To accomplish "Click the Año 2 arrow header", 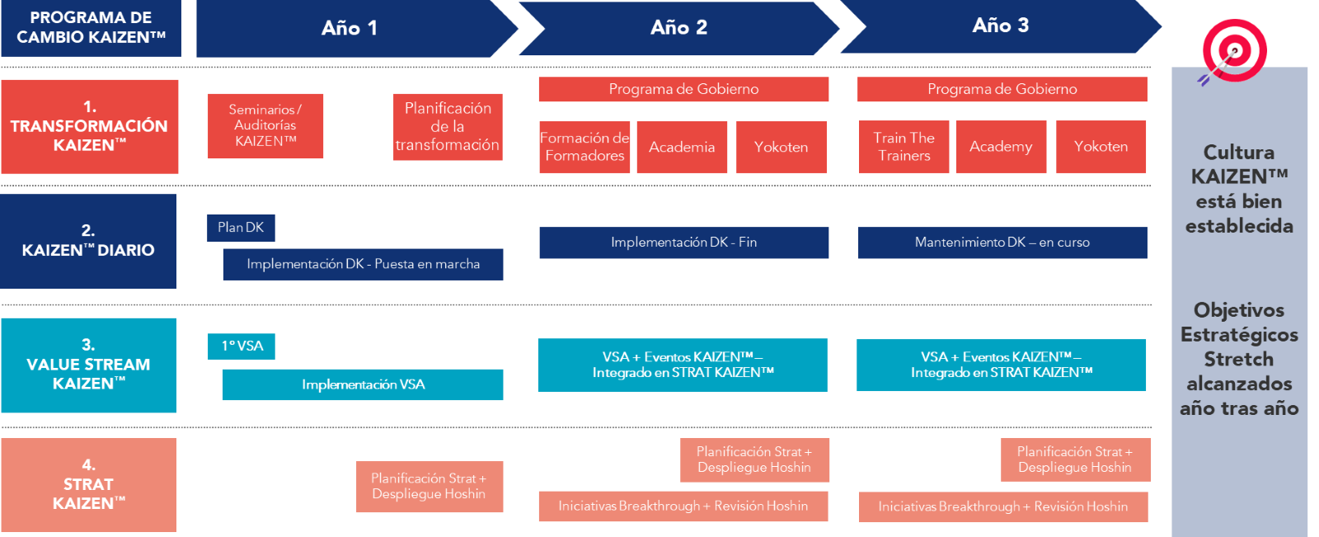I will point(678,28).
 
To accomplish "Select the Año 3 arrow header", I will point(1000,26).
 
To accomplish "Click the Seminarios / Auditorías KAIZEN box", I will point(265,125).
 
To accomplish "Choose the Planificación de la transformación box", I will point(448,127).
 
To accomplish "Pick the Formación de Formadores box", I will point(584,147).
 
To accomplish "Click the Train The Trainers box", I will point(904,147).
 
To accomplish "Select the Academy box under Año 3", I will point(1001,147).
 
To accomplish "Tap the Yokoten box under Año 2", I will point(781,147).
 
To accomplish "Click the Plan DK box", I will point(241,228).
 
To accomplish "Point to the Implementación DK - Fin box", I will point(683,243).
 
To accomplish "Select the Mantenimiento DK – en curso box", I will point(1002,243).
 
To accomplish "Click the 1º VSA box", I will point(242,346).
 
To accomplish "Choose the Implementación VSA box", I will point(363,384).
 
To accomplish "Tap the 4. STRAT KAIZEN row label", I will point(88,485).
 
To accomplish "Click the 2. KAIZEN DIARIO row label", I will point(88,241).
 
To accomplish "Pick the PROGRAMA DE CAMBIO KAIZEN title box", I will point(91,28).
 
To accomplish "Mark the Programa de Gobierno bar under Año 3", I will point(1002,89).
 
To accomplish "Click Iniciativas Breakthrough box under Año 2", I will point(683,506).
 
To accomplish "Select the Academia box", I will point(682,147).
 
